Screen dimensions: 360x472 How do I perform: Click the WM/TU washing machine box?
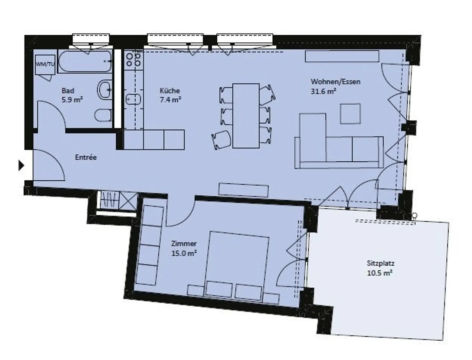[x=45, y=64]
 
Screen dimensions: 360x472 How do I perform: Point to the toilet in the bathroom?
[x=103, y=115]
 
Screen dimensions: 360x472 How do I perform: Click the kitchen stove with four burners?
[x=134, y=59]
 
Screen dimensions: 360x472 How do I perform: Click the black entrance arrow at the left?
[x=21, y=166]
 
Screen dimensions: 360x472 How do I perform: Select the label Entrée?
[x=86, y=157]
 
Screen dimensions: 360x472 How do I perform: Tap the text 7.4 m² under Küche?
[x=170, y=100]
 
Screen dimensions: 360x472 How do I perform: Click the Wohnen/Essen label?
[x=335, y=82]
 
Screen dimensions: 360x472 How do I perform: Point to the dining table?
[x=246, y=115]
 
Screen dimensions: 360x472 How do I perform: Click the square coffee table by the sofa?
[x=350, y=113]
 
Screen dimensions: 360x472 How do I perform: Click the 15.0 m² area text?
[x=184, y=253]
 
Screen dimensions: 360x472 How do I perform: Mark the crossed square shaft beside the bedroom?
[x=129, y=200]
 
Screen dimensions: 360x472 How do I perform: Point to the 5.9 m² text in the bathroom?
[x=72, y=100]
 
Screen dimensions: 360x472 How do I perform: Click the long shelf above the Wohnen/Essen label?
[x=342, y=56]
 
